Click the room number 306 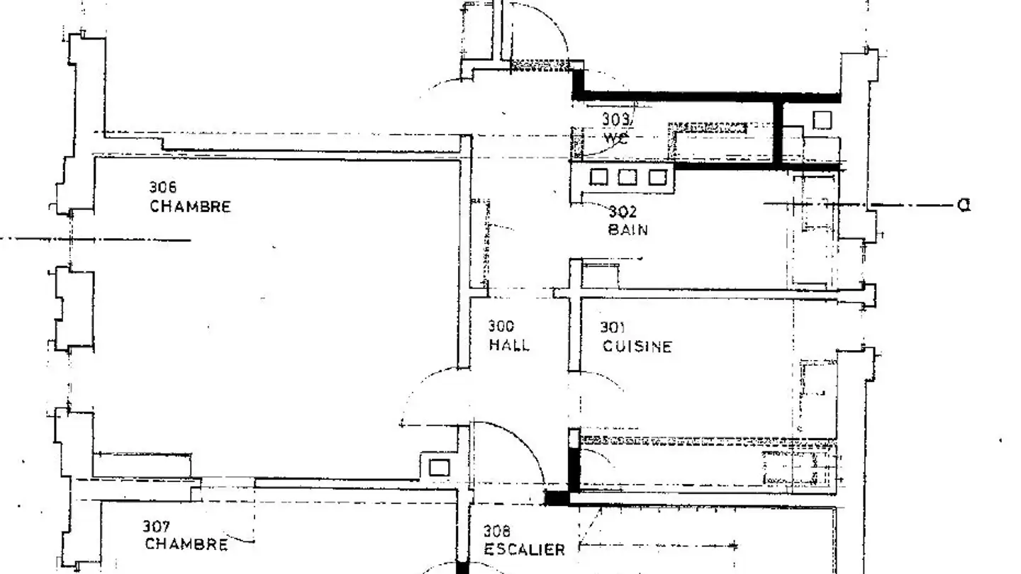tap(162, 188)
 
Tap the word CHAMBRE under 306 tap(190, 207)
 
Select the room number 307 tap(156, 527)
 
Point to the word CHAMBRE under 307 tap(186, 544)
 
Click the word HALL tap(508, 346)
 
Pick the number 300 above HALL tap(501, 327)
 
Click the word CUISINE tap(637, 347)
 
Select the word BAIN tap(627, 230)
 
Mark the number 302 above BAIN tap(623, 212)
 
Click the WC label tap(615, 137)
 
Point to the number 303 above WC tap(615, 119)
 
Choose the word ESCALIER tap(524, 550)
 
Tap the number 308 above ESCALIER tap(497, 531)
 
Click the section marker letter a tap(963, 205)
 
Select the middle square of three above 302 tap(627, 176)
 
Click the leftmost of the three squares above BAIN tap(598, 176)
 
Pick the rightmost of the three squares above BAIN tap(657, 176)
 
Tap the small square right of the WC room tap(821, 120)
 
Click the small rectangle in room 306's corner tap(439, 467)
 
